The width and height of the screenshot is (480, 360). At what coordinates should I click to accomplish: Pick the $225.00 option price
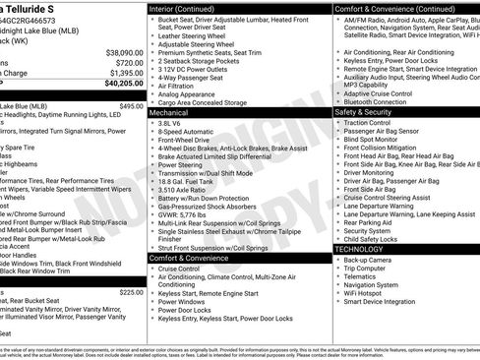tap(131, 292)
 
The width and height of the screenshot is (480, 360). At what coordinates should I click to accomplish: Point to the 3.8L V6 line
tap(170, 125)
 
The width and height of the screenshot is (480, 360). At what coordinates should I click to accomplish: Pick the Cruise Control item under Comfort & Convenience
tap(179, 268)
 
